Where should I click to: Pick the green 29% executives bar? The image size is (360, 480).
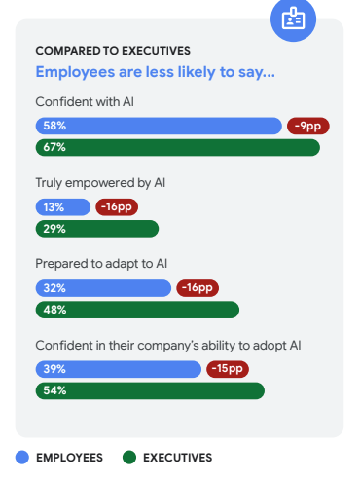96,229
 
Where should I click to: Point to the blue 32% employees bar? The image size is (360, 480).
103,288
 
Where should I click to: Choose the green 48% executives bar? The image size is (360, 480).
136,310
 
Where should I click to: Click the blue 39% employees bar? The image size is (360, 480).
118,369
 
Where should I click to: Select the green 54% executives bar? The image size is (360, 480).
150,390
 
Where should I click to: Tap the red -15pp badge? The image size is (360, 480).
227,369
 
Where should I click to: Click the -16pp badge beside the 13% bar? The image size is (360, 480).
118,207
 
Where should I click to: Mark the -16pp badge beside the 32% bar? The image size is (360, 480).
198,288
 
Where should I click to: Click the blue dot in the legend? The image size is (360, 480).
22,457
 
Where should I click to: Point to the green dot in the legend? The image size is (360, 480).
128,457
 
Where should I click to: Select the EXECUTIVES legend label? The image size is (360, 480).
177,457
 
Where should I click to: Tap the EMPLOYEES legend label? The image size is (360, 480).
71,457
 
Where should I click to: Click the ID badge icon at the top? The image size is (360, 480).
293,18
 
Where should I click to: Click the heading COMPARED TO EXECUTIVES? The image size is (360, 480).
113,51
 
